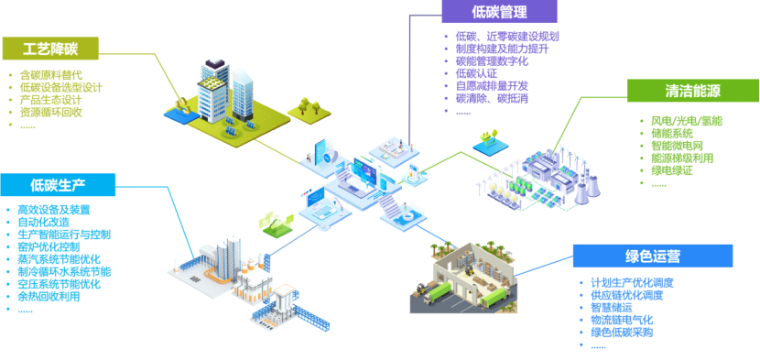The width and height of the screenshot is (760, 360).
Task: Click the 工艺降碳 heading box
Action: pos(50,49)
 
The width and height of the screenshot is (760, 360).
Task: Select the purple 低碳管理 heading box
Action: pos(499,11)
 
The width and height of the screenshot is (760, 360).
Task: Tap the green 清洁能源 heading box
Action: pos(693,91)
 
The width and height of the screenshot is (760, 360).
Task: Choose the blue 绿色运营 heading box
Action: pos(653,256)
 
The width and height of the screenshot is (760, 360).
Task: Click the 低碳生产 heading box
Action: pos(58,185)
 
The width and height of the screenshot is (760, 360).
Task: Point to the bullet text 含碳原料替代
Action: pos(51,75)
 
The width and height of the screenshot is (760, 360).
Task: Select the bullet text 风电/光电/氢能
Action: pos(687,121)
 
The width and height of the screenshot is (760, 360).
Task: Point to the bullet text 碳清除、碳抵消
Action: pos(492,99)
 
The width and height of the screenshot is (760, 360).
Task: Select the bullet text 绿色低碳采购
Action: pos(622,333)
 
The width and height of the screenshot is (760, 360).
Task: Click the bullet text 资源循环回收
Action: pos(51,113)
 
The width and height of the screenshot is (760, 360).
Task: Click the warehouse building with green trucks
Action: pos(464,277)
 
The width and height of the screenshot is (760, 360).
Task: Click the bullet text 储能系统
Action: pos(672,134)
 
